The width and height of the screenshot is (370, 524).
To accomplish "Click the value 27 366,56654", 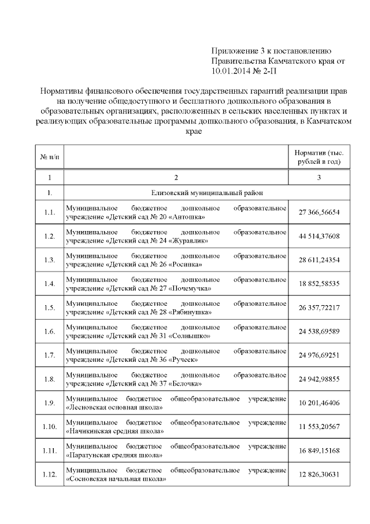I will pyautogui.click(x=319, y=212).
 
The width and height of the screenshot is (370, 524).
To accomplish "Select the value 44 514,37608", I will pyautogui.click(x=319, y=236).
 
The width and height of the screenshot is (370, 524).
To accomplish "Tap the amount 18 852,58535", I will pyautogui.click(x=319, y=284).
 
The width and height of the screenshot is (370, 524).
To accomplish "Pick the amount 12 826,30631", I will pyautogui.click(x=319, y=475).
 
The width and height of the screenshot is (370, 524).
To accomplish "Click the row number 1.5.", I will pyautogui.click(x=49, y=307).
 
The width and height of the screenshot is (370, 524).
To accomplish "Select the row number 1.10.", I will pyautogui.click(x=49, y=427).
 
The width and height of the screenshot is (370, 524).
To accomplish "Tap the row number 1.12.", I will pyautogui.click(x=49, y=475).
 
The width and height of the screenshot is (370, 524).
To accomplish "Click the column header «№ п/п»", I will pyautogui.click(x=49, y=156).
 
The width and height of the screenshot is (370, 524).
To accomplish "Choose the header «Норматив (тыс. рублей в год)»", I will pyautogui.click(x=319, y=156).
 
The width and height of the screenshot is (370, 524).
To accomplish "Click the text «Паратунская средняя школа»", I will pyautogui.click(x=114, y=455).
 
